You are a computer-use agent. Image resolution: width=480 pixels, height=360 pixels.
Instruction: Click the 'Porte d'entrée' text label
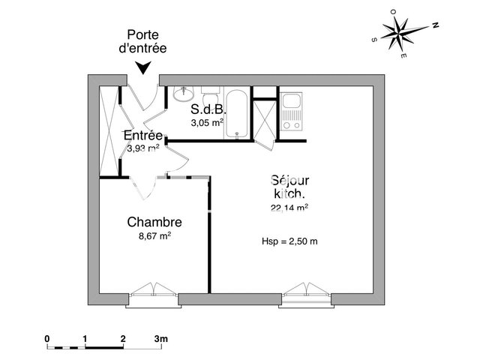pyautogui.click(x=146, y=40)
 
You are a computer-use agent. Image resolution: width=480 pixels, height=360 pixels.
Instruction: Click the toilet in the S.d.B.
pyautogui.click(x=209, y=97)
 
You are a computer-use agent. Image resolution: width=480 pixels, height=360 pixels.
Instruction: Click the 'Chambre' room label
pyautogui.click(x=154, y=222)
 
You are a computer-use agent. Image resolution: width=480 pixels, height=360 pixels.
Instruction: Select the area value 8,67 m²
pyautogui.click(x=154, y=235)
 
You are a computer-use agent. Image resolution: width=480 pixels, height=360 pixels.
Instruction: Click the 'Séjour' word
pyautogui.click(x=289, y=180)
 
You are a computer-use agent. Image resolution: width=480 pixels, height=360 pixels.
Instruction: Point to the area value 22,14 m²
pyautogui.click(x=289, y=208)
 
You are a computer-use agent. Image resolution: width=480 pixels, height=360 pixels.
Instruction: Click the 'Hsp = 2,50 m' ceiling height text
pyautogui.click(x=289, y=241)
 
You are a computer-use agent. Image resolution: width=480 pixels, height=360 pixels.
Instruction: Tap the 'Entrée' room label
pyautogui.click(x=142, y=136)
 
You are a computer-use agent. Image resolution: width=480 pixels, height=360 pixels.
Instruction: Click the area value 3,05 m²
pyautogui.click(x=207, y=123)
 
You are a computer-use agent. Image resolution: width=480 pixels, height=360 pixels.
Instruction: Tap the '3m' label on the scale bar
pyautogui.click(x=161, y=338)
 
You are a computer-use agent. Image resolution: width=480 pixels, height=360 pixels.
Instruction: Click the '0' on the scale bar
pyautogui.click(x=46, y=338)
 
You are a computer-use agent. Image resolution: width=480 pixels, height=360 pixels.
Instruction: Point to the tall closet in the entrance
pyautogui.click(x=111, y=131)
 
